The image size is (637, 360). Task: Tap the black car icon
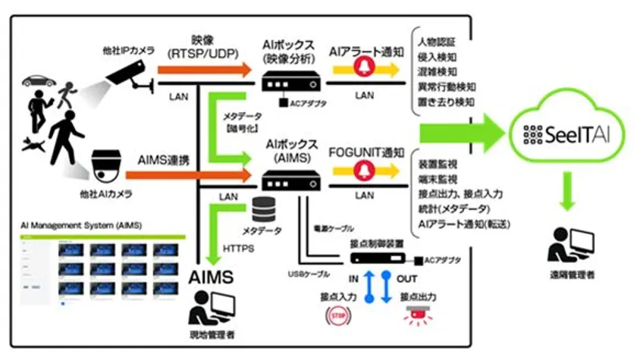pos(39,80)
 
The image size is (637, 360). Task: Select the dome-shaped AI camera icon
pos(104,166)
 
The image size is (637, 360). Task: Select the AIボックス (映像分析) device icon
pos(292,79)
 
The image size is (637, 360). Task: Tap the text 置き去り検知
pos(447,101)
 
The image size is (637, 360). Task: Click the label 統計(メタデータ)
pos(453,208)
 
